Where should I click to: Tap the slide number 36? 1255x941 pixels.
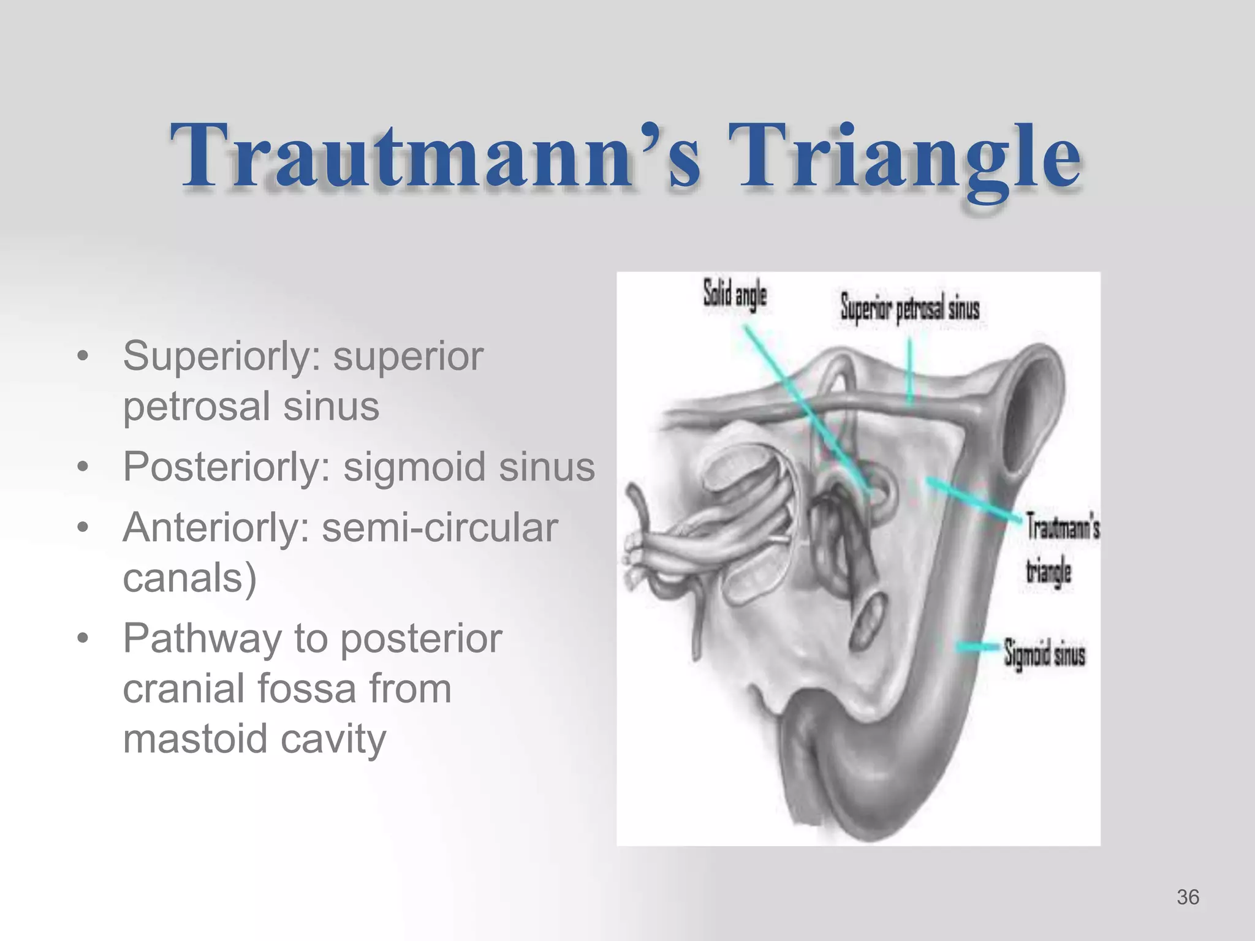pos(1188,897)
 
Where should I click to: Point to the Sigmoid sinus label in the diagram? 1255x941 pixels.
pos(1044,654)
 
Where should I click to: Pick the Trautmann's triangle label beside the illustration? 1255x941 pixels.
pos(1061,548)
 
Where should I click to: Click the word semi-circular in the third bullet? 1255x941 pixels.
pos(439,527)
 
